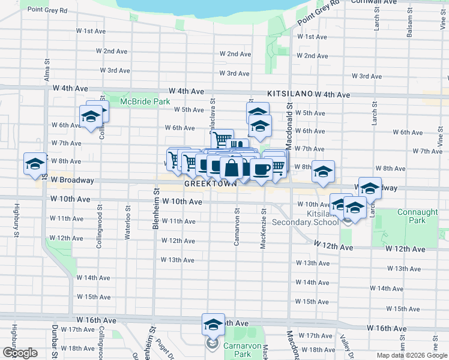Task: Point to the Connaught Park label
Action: click(x=411, y=217)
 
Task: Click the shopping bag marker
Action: click(x=231, y=167)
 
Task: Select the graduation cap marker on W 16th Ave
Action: click(x=212, y=325)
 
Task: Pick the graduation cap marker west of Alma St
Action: click(x=35, y=164)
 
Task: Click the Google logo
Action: click(x=20, y=353)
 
